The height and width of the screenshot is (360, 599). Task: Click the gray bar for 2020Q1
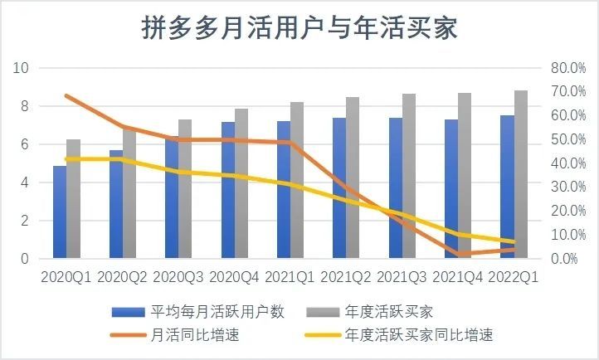coord(73,199)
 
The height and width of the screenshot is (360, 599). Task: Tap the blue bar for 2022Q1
coord(507,187)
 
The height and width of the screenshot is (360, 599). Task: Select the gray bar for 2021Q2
coord(353,178)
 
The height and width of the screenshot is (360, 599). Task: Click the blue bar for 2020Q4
coord(227,191)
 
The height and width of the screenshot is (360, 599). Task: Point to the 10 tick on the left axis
coord(22,68)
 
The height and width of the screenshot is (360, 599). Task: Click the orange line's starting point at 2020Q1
coord(66,96)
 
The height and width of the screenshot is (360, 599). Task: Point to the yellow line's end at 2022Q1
coord(514,242)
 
